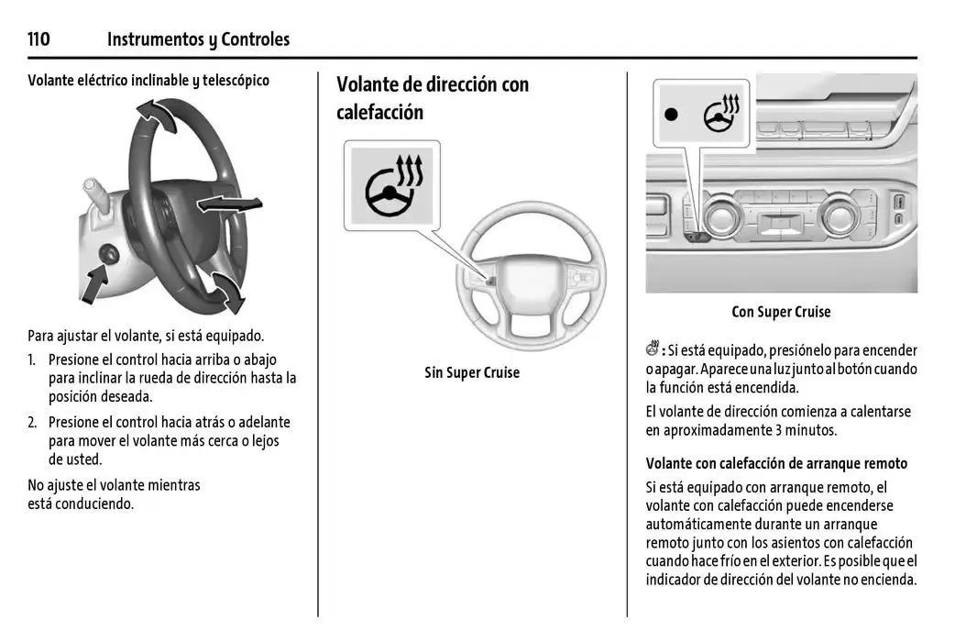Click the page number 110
pyautogui.click(x=38, y=39)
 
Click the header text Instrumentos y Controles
pyautogui.click(x=198, y=39)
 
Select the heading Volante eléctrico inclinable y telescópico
pyautogui.click(x=148, y=80)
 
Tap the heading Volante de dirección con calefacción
pyautogui.click(x=433, y=98)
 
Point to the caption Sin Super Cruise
pyautogui.click(x=472, y=372)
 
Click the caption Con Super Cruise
pyautogui.click(x=781, y=312)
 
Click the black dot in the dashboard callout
pyautogui.click(x=672, y=114)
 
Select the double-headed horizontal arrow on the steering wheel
pyautogui.click(x=229, y=205)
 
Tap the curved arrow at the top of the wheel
pyautogui.click(x=156, y=116)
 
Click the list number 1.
pyautogui.click(x=32, y=360)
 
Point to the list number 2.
pyautogui.click(x=32, y=423)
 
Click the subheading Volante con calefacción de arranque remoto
pyautogui.click(x=776, y=464)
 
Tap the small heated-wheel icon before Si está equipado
pyautogui.click(x=653, y=349)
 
